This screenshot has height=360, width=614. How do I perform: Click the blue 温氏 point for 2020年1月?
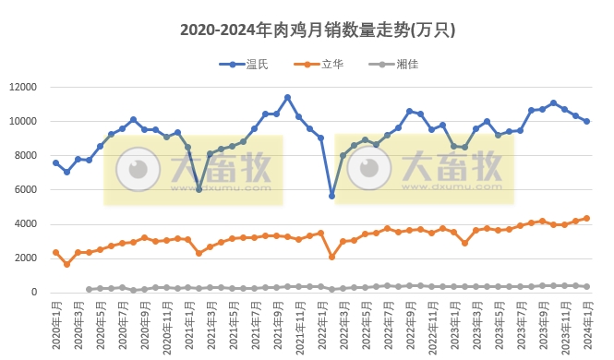(x=55, y=162)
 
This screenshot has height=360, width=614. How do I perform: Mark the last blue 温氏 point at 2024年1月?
(x=587, y=122)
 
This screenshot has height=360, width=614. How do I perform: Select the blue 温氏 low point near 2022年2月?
(x=332, y=196)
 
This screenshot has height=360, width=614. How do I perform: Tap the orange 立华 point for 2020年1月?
(x=55, y=252)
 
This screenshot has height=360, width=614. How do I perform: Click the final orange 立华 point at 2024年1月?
(x=587, y=219)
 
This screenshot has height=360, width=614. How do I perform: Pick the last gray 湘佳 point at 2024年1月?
(x=587, y=286)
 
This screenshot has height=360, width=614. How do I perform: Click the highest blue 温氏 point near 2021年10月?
(x=288, y=97)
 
